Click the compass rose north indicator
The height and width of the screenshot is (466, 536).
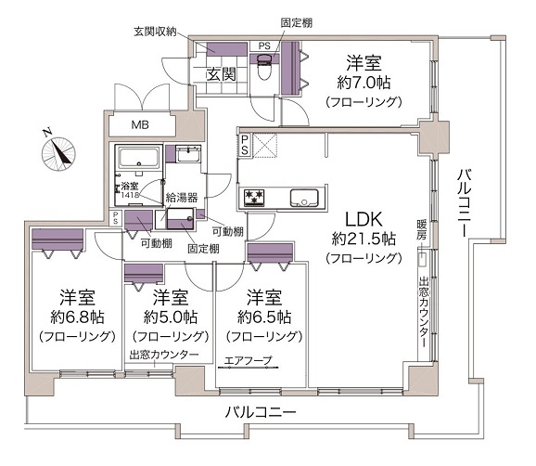point(58,153)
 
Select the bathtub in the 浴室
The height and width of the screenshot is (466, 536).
point(139,158)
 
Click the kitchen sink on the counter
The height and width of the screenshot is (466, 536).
point(304,198)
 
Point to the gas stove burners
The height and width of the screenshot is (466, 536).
point(254,198)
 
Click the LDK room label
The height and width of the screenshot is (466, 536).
point(364,219)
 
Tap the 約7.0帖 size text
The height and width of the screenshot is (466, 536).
point(364,83)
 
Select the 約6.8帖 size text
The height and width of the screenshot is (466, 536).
point(77,317)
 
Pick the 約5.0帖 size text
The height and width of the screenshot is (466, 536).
point(171,317)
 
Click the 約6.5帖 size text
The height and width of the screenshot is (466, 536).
point(264,317)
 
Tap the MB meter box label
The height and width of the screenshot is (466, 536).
point(140,125)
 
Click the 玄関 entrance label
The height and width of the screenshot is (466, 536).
point(221,74)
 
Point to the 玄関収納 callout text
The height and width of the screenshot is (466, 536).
point(155,32)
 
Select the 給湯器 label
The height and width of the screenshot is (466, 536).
point(182,198)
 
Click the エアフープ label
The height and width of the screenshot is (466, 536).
point(249,360)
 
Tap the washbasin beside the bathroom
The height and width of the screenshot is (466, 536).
point(188,155)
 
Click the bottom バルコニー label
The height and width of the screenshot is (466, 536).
point(261,412)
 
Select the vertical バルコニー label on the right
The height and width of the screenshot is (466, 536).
point(465,203)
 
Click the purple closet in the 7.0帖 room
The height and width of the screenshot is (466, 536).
point(290,69)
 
